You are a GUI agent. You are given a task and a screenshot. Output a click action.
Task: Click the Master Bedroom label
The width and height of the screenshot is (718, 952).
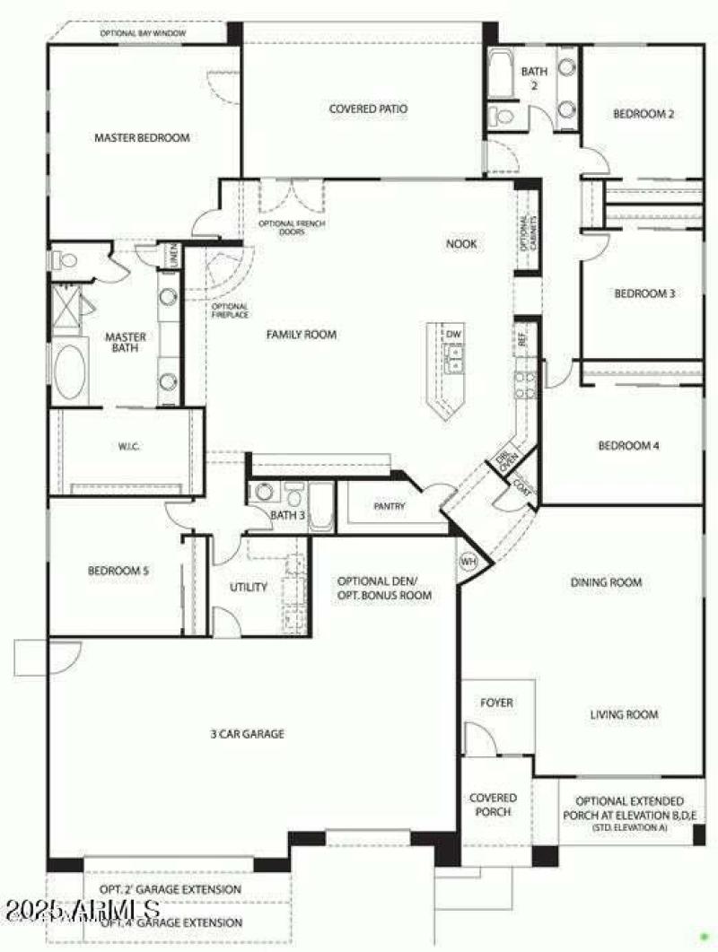[x=142, y=138]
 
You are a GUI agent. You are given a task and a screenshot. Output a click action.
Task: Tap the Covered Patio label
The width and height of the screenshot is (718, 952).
[x=368, y=109]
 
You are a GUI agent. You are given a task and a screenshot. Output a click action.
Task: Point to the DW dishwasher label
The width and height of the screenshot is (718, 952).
[x=454, y=334]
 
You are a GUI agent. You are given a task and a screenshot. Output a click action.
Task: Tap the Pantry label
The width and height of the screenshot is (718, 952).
[x=390, y=507]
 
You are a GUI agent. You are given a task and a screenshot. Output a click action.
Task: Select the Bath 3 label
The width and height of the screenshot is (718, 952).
[x=288, y=515]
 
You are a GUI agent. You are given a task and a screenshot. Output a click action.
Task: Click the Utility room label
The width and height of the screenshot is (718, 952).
[x=249, y=588]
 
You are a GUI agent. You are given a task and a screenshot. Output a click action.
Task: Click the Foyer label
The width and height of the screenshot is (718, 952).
[x=496, y=703]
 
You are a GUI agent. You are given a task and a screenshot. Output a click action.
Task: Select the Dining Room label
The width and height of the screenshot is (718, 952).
[x=607, y=582]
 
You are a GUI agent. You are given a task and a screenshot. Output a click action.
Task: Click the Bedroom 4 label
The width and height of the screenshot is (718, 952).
[x=629, y=445]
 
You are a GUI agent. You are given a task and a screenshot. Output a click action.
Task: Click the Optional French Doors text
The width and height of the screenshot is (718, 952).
[x=292, y=227]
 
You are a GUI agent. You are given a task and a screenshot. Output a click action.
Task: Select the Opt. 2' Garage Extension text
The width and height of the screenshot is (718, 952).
[x=171, y=889]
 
